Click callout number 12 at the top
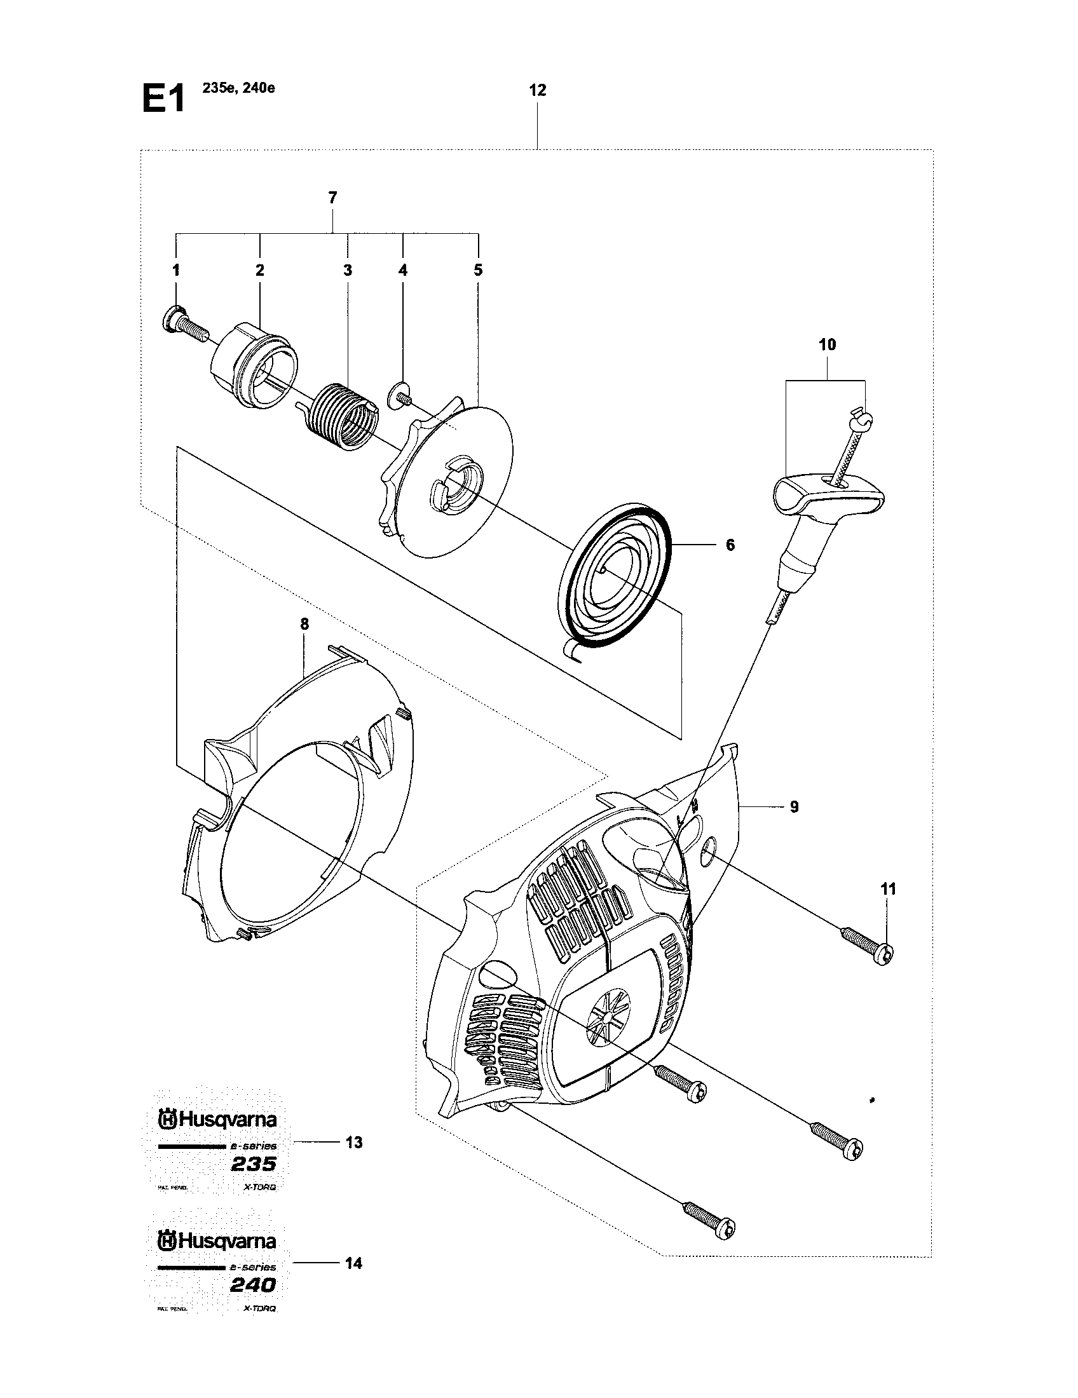pyautogui.click(x=538, y=90)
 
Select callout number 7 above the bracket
pyautogui.click(x=332, y=198)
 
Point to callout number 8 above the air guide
pyautogui.click(x=304, y=623)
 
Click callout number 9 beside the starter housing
pyautogui.click(x=794, y=806)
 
